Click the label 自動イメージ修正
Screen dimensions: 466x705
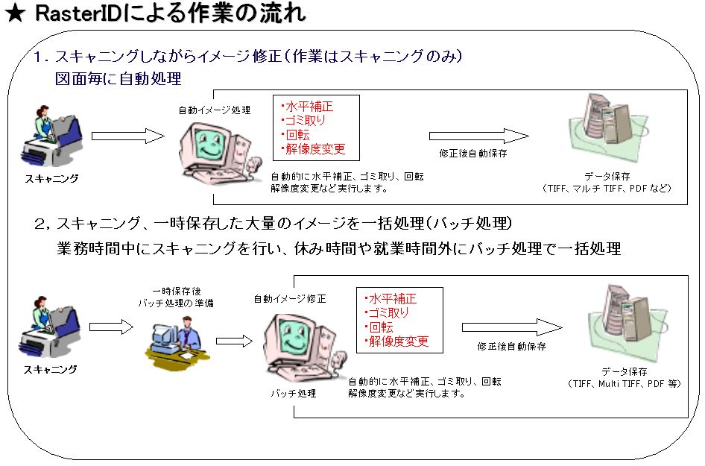tap(290, 298)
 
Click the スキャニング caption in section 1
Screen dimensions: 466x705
tap(51, 178)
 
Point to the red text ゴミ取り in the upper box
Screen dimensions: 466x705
tap(304, 120)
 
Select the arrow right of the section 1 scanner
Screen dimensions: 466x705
tap(127, 136)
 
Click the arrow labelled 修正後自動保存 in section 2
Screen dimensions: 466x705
tap(511, 327)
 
